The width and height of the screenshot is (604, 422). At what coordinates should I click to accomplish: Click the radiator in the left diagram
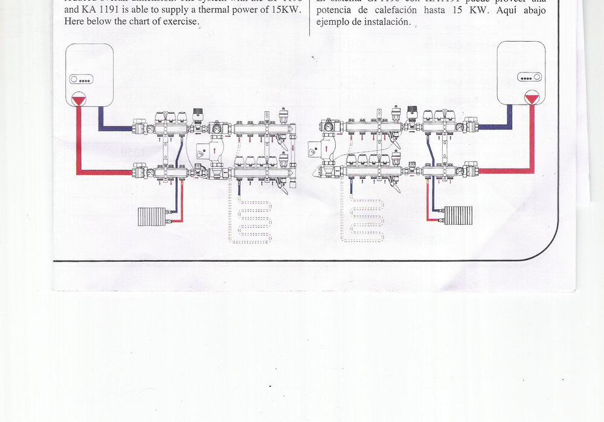point(151,216)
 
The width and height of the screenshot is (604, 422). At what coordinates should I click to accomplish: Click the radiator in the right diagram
point(458,215)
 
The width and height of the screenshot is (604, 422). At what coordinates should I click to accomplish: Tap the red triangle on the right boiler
point(532,97)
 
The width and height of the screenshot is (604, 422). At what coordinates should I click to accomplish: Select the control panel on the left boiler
point(81,79)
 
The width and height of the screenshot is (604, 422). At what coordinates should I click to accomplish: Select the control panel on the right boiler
point(529,77)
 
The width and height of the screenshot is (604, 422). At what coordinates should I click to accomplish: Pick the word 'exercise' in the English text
point(178,21)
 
